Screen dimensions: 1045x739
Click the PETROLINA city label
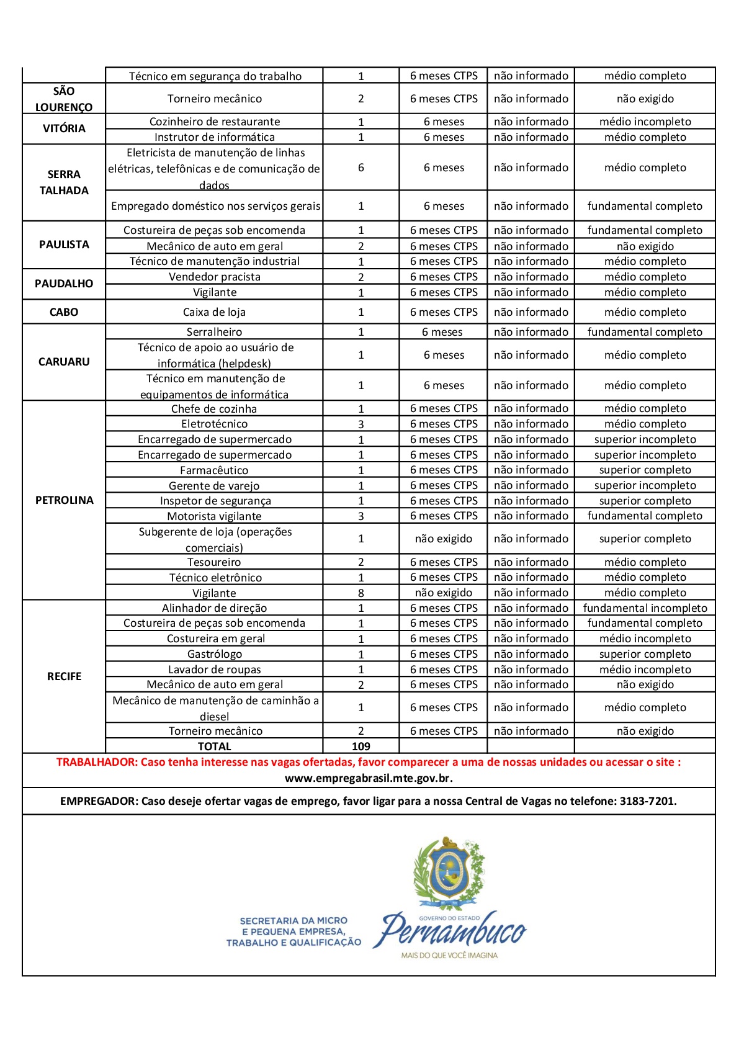click(x=64, y=500)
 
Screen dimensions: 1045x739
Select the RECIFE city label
click(x=64, y=676)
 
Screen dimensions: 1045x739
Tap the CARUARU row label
click(x=64, y=362)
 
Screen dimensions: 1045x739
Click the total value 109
click(x=361, y=747)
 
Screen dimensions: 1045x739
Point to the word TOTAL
click(x=214, y=747)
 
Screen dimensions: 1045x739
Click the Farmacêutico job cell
click(x=214, y=470)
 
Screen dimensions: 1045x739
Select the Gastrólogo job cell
click(x=214, y=654)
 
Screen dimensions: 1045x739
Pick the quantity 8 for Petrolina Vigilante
click(x=361, y=593)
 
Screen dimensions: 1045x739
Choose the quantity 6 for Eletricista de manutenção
click(x=361, y=168)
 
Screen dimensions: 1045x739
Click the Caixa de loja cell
click(x=214, y=312)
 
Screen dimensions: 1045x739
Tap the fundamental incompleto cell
click(x=645, y=608)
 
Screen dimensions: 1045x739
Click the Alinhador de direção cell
click(x=214, y=608)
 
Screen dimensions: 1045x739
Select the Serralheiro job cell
click(x=214, y=332)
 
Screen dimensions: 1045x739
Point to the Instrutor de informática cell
click(x=214, y=137)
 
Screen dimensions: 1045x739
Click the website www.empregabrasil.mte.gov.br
click(x=369, y=778)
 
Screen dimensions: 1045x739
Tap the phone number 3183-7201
click(x=647, y=801)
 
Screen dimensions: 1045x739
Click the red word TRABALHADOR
click(x=96, y=762)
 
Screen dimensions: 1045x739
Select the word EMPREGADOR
click(x=99, y=801)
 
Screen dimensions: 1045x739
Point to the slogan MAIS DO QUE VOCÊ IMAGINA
click(x=449, y=956)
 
